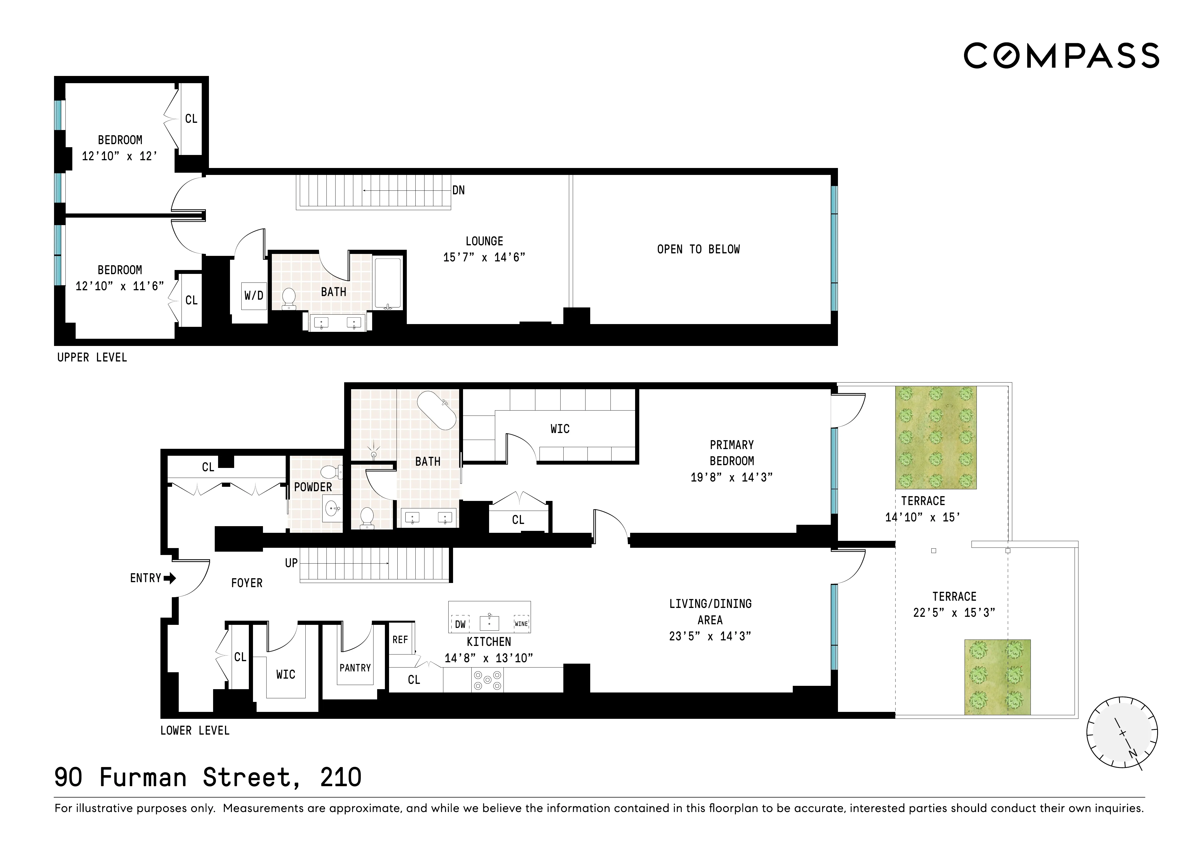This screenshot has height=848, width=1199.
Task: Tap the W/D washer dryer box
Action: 254,296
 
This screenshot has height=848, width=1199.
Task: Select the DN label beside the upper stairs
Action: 459,190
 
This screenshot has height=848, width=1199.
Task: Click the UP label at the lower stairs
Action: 291,563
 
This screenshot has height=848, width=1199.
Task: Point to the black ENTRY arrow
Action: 170,578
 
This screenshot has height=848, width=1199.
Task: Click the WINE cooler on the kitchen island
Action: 521,624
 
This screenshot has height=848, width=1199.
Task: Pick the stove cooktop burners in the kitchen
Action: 487,680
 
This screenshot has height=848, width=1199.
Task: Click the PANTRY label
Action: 355,668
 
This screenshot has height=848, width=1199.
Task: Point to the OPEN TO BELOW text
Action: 698,249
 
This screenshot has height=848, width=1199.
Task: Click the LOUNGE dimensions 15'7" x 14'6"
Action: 484,257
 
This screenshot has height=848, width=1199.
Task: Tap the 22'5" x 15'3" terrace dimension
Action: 954,613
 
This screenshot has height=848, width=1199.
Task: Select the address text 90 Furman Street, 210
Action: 208,778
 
